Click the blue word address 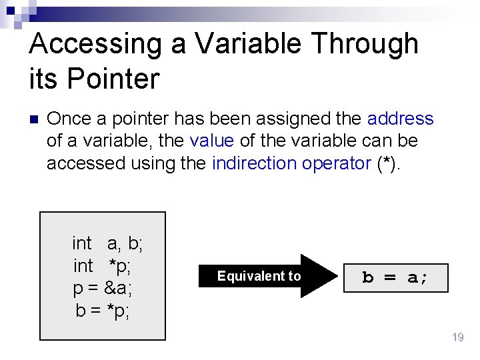click(x=400, y=119)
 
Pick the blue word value click(x=211, y=141)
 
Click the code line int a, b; click(x=107, y=243)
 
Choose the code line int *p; click(x=102, y=266)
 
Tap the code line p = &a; click(x=102, y=288)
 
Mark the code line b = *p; click(x=102, y=310)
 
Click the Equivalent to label click(x=259, y=276)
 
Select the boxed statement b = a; click(x=395, y=277)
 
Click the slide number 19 click(x=457, y=338)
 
